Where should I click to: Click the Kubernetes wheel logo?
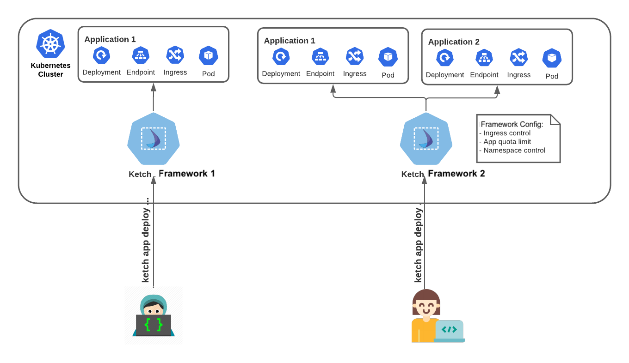coord(50,43)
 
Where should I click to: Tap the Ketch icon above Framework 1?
coord(153,138)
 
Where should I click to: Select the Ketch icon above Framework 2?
coord(425,138)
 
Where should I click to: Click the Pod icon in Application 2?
coord(552,58)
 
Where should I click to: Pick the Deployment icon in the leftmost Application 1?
coord(101,55)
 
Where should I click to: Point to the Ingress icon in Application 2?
coord(518,58)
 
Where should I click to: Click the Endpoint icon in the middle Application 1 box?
coord(320,56)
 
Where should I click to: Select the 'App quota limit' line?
coord(507,142)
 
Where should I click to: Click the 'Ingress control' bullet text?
coord(506,133)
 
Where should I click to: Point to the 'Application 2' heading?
coord(453,42)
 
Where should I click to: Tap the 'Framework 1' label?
coord(187,174)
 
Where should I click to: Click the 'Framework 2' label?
coord(456,174)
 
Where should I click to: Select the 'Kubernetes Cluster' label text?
coord(50,70)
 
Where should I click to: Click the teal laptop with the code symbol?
coord(449,331)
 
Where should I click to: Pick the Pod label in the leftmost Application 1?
coord(209,74)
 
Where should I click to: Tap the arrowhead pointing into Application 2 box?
coord(497,90)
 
